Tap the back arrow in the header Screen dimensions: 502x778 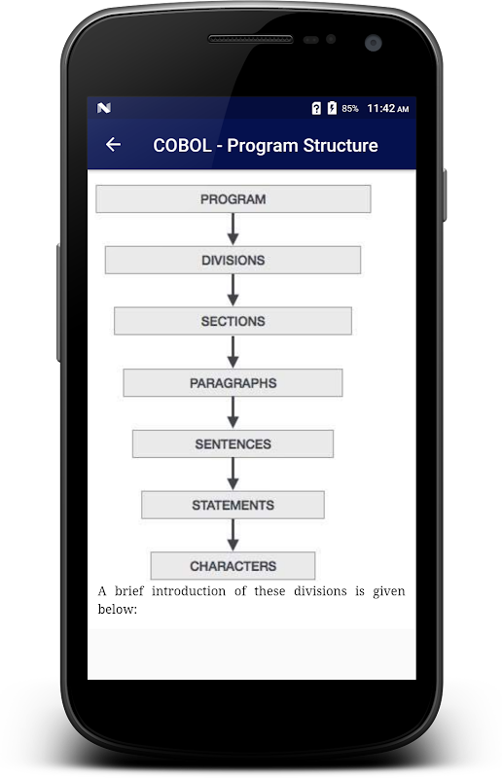tap(113, 144)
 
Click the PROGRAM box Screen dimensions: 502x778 tap(233, 199)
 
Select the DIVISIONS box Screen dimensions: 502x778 tap(233, 260)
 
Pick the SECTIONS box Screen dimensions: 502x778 tap(233, 321)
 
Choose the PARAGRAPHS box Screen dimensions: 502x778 tap(233, 382)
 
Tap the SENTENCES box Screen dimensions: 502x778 tap(233, 443)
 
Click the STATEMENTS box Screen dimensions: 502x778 tap(233, 505)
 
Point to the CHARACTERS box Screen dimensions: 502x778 tap(233, 566)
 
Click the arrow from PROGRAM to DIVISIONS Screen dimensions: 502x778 tap(233, 230)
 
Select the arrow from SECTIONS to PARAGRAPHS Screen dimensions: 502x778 tap(233, 352)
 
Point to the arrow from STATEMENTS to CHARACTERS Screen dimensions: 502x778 tap(233, 535)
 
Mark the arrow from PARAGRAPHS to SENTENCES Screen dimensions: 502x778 tap(233, 412)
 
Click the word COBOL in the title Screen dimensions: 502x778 tap(182, 145)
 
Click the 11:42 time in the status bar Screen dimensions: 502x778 tap(380, 108)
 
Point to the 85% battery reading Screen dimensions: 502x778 tap(350, 108)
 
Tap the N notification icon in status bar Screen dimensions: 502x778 tap(104, 108)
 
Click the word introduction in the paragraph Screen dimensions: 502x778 tap(188, 591)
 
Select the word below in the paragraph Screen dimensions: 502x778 tap(117, 609)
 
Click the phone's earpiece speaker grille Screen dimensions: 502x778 tap(250, 39)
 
